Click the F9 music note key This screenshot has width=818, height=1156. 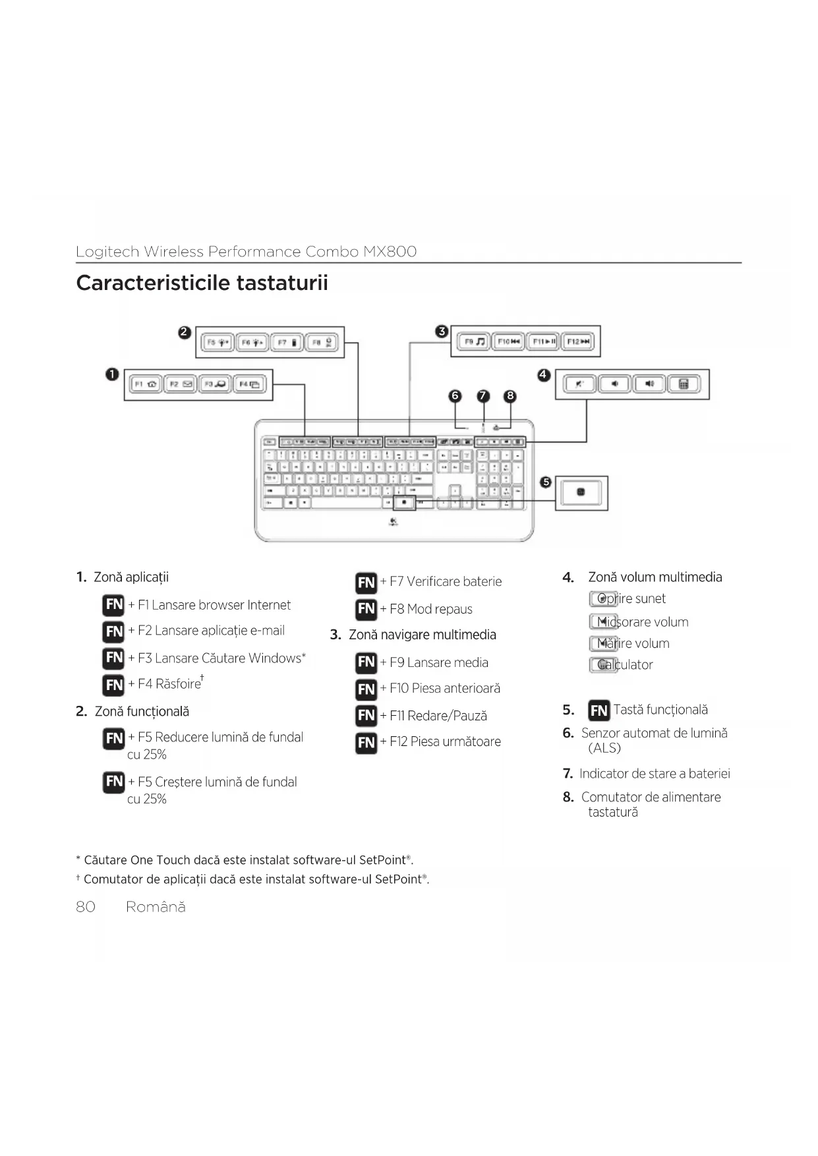click(x=473, y=341)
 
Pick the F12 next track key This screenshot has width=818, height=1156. click(x=577, y=341)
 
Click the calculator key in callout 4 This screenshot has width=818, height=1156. click(x=684, y=384)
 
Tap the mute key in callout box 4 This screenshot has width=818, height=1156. click(x=579, y=384)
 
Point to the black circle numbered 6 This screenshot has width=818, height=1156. click(x=455, y=396)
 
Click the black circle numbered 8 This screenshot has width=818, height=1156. click(x=510, y=396)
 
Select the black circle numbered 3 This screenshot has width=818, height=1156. click(x=442, y=332)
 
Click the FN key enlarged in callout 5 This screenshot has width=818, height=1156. click(x=580, y=492)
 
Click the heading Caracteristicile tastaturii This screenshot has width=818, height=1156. click(x=202, y=283)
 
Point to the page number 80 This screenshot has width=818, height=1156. click(x=86, y=907)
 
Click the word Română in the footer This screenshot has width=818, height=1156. click(x=156, y=907)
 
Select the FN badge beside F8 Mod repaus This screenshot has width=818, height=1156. click(x=366, y=609)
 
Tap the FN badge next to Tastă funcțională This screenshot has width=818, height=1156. click(x=599, y=710)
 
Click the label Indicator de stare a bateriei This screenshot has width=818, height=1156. click(x=655, y=774)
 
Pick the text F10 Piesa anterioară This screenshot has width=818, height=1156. click(x=445, y=689)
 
